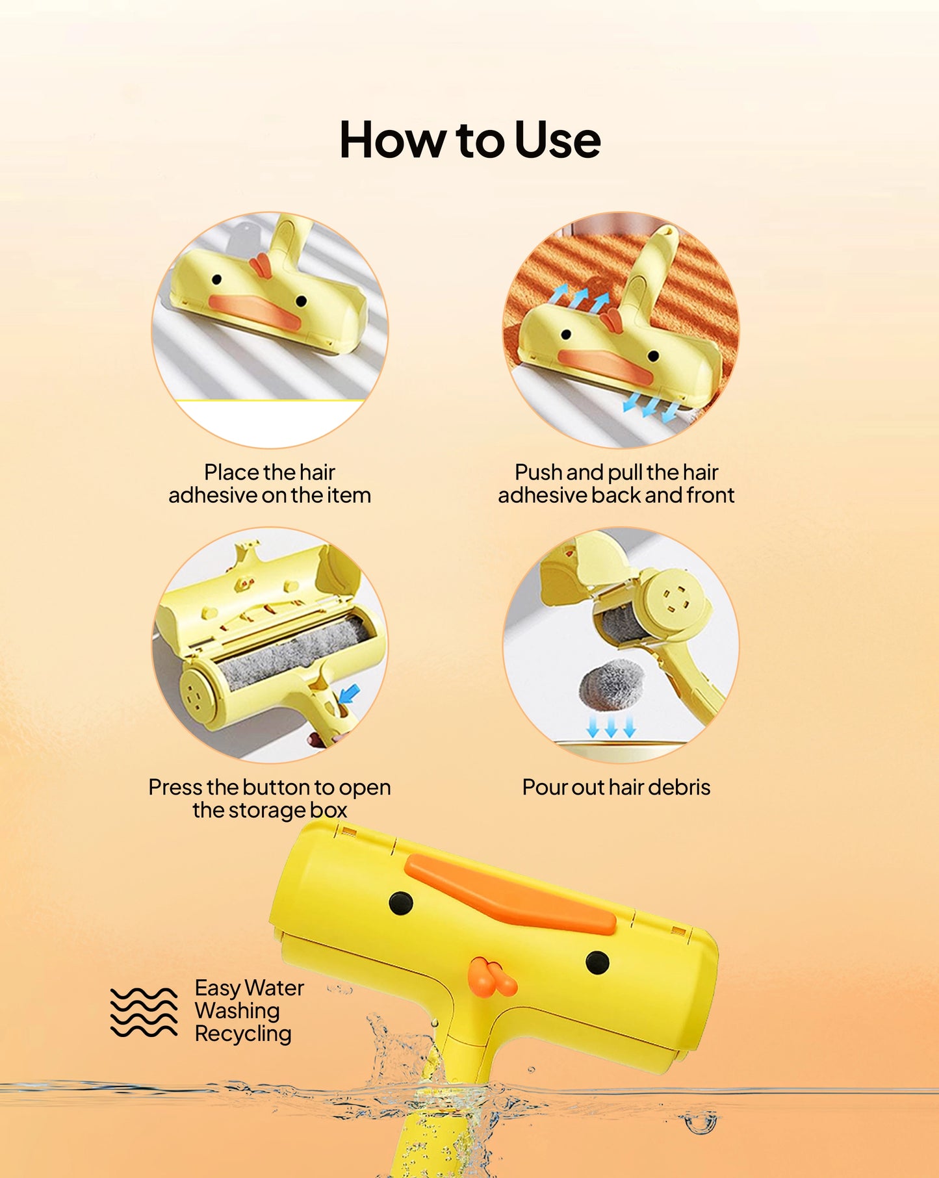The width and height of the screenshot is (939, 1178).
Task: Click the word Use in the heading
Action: click(557, 141)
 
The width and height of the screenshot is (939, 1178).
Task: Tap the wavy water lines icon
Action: click(144, 1012)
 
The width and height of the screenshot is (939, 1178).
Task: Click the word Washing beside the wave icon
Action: click(237, 1011)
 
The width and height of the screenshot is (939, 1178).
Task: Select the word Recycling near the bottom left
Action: click(242, 1034)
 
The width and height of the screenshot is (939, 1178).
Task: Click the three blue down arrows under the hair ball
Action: click(611, 726)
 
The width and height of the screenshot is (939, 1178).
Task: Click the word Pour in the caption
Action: click(545, 787)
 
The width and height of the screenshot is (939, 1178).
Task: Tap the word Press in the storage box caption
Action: click(175, 787)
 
